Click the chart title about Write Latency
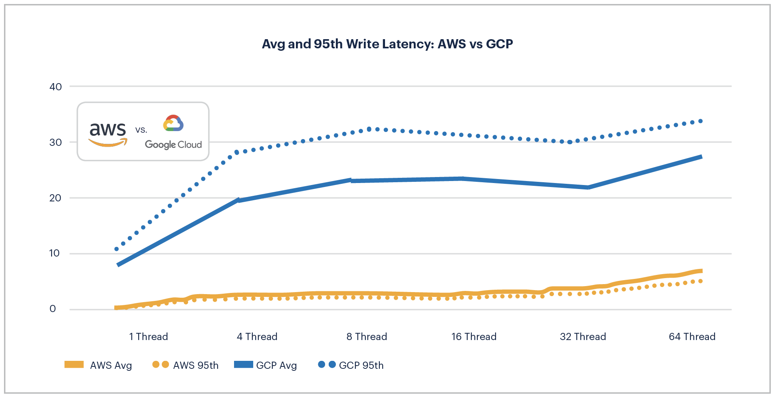tap(387, 44)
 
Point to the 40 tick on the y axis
tap(56, 87)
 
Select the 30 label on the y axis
tap(56, 142)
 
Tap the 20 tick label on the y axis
tap(56, 198)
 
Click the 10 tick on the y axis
tap(55, 253)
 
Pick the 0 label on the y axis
tap(53, 308)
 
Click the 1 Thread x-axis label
tap(148, 336)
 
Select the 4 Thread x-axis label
tap(257, 336)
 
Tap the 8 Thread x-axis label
tap(367, 336)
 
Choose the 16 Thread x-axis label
tap(474, 336)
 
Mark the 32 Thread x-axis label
tap(583, 336)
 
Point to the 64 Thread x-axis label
tap(692, 336)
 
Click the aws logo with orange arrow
tap(108, 134)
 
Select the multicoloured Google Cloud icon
tap(173, 123)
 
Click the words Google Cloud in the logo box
tap(173, 145)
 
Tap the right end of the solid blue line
tap(701, 157)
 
